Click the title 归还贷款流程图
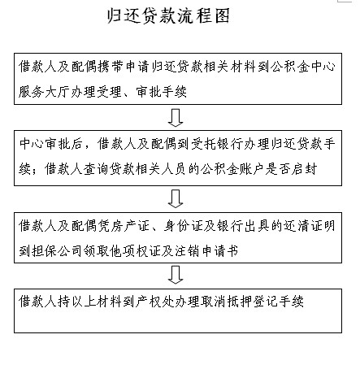tap(168, 15)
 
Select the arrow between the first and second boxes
tap(176, 118)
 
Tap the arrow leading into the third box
tap(176, 198)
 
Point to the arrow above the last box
tap(176, 275)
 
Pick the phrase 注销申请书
tap(206, 251)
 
